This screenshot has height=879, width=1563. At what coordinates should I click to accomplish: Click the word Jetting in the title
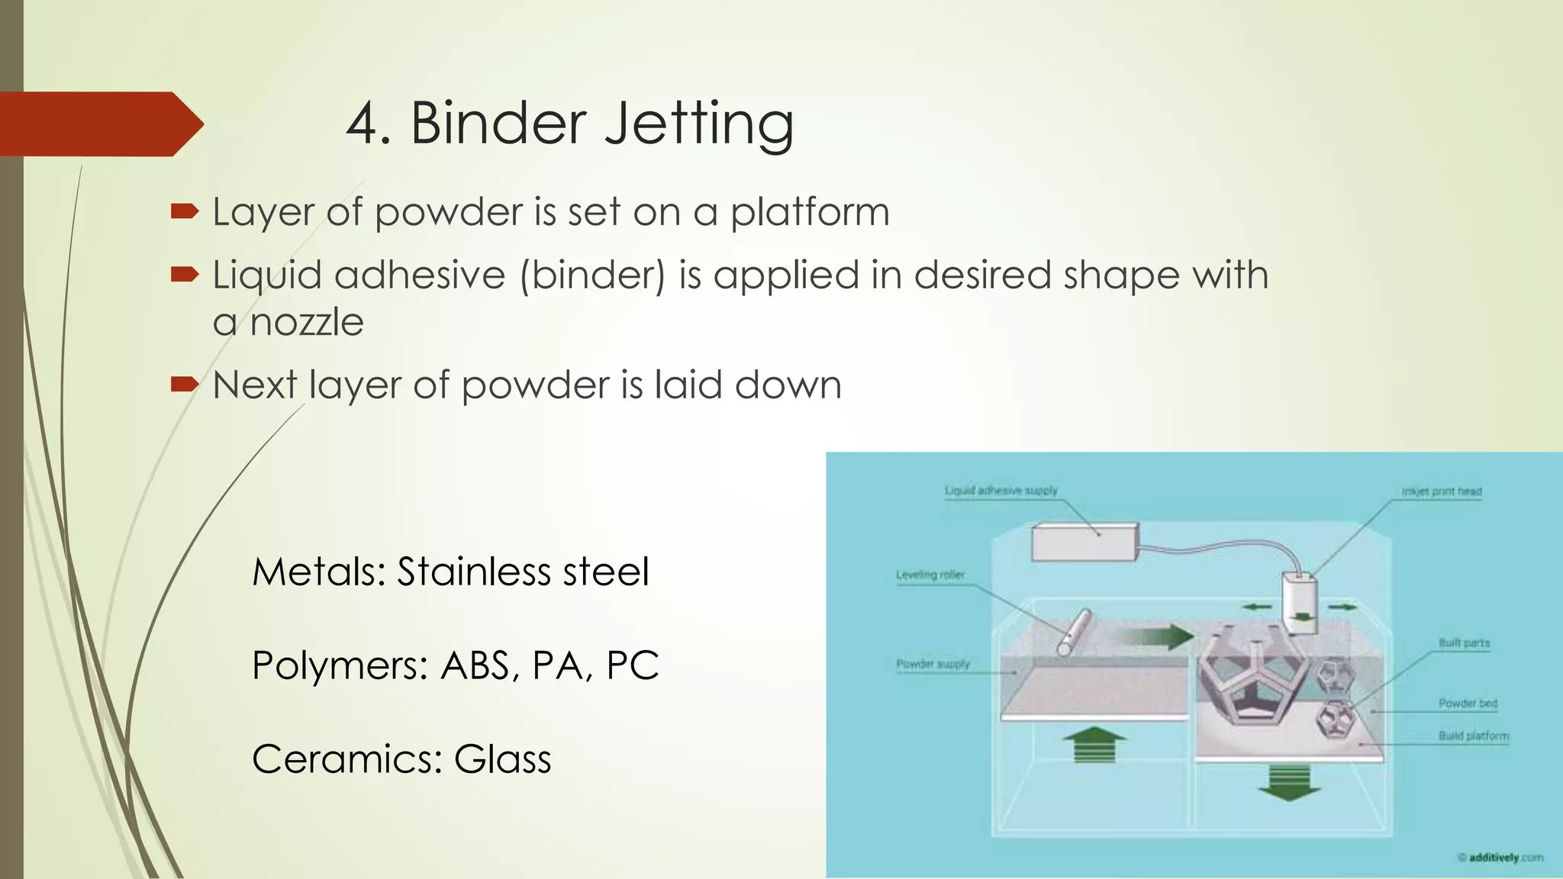699,124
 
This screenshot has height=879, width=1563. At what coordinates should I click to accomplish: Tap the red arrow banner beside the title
99,124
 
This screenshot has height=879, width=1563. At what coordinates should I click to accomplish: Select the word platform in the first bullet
810,212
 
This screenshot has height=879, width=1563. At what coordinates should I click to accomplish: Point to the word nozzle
306,323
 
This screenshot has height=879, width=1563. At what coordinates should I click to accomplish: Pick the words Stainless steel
523,572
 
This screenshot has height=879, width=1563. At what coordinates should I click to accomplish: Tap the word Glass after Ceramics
502,760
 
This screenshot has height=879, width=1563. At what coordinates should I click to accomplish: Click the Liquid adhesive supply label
1001,491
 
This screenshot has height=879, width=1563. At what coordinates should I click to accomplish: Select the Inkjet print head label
1441,491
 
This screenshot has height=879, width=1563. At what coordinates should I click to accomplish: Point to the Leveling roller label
930,575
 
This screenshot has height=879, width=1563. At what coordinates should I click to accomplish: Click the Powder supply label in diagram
933,664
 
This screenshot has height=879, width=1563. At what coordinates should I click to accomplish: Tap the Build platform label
1473,736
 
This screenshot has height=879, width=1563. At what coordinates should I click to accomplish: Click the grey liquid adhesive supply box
1084,542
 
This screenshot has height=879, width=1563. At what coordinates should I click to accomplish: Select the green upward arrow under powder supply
1094,745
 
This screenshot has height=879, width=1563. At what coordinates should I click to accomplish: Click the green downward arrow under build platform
1289,784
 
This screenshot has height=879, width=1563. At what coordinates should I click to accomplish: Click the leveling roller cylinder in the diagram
1075,632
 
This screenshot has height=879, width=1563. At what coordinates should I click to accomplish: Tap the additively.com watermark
1500,858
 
